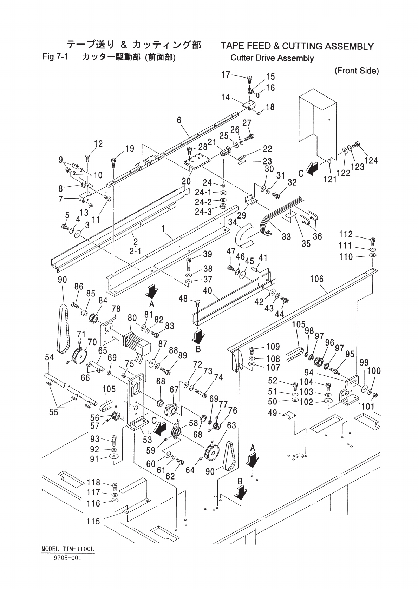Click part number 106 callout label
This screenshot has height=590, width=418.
317,279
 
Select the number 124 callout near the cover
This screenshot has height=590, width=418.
371,160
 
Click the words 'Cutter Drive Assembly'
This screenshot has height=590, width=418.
272,58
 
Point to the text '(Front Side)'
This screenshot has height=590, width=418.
357,71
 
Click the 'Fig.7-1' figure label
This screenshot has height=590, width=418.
55,57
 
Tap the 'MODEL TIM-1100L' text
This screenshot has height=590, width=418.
68,549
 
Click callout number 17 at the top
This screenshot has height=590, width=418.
226,74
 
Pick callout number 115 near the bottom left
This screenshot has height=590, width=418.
93,521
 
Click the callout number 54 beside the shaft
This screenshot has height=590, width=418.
50,357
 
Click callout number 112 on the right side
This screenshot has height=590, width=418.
346,234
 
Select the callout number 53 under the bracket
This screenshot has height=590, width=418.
147,439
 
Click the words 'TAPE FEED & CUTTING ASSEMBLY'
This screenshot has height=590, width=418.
297,46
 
